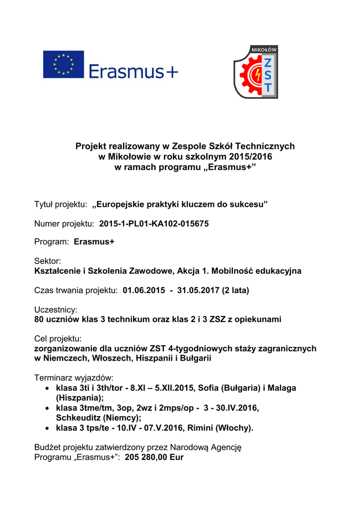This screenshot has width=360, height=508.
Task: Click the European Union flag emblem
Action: (x=63, y=64)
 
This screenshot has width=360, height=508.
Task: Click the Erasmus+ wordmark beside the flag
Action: (x=133, y=72)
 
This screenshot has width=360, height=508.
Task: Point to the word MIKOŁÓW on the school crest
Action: (x=265, y=50)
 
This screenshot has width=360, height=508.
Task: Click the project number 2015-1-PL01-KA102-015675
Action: (x=154, y=224)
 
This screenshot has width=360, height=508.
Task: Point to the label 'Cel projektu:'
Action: (x=58, y=339)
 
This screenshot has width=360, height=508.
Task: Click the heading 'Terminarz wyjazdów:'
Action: (x=74, y=377)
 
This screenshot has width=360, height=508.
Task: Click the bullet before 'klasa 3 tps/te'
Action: (x=47, y=428)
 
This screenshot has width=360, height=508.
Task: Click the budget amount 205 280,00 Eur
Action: (x=154, y=457)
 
